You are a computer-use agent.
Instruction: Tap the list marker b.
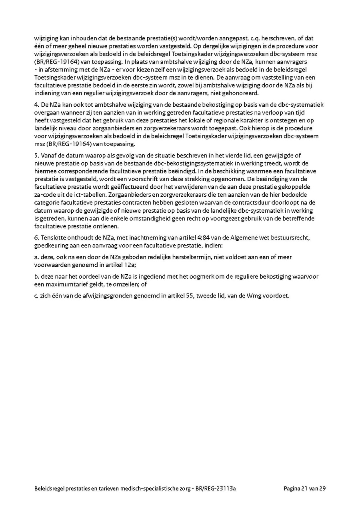(x=36, y=276)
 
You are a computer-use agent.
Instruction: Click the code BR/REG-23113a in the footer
(x=218, y=489)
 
